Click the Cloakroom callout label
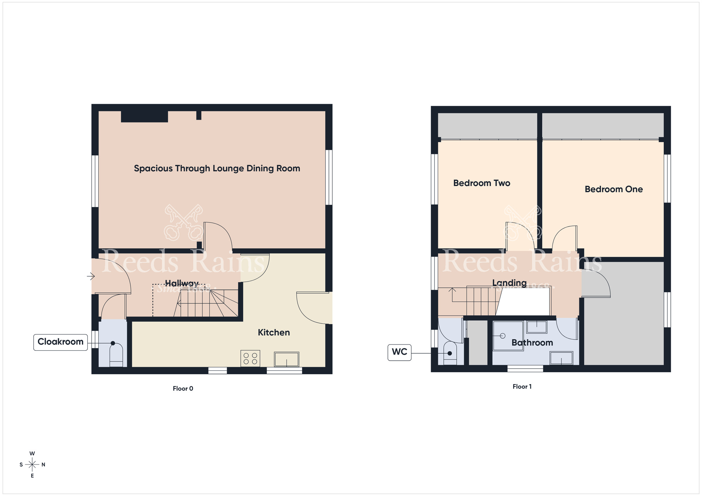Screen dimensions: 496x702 click(60, 342)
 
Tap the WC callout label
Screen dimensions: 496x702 click(399, 352)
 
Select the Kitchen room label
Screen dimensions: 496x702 click(274, 333)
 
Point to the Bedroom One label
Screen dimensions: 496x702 click(614, 189)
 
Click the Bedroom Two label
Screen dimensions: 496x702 click(482, 183)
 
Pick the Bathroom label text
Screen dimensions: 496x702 click(532, 343)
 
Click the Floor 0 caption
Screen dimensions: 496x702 click(183, 389)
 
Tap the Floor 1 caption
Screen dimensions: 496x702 click(522, 387)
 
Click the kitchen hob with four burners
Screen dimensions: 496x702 click(250, 358)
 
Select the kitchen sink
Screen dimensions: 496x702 click(286, 360)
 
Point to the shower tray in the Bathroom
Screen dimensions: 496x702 click(508, 336)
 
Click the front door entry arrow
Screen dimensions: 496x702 click(91, 276)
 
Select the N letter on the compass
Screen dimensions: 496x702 click(44, 465)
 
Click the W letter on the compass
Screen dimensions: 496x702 click(32, 454)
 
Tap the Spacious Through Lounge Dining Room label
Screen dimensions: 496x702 click(217, 168)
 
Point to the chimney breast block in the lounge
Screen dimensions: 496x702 click(144, 116)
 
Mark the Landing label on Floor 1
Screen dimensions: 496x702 click(509, 283)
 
